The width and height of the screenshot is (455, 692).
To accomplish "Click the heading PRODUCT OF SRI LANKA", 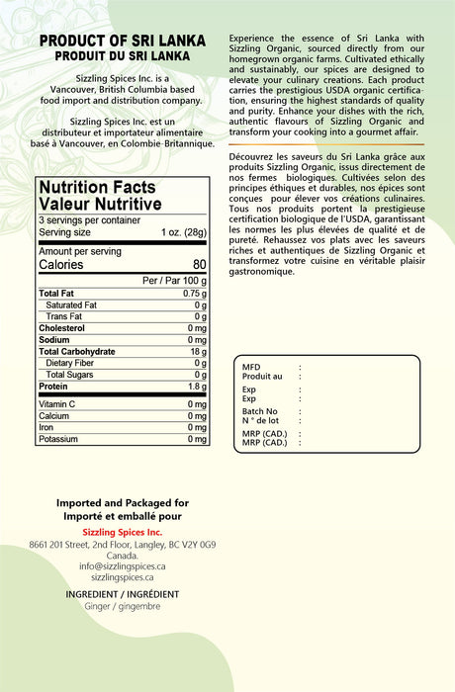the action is [x=122, y=41].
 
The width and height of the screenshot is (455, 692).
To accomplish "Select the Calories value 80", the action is [x=199, y=265].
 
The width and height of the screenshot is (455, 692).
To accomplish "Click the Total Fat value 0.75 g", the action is [x=194, y=294].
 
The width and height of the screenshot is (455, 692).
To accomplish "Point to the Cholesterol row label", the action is [x=61, y=328].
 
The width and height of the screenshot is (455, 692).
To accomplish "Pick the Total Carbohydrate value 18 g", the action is [x=198, y=352].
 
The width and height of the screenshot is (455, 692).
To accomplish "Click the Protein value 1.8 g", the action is [x=196, y=387].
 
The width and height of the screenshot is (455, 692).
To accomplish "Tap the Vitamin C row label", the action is [x=57, y=404].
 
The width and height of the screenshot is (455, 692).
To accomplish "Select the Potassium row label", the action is [x=59, y=439].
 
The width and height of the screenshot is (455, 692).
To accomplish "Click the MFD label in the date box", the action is [x=251, y=367].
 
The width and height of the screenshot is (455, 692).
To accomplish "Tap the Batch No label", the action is [x=259, y=411].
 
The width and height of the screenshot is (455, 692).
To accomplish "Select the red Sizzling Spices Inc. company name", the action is [x=122, y=532].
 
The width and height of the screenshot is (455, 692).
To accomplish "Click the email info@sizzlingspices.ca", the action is [x=122, y=566].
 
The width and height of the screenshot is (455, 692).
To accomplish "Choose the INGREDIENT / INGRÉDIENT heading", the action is [x=122, y=594].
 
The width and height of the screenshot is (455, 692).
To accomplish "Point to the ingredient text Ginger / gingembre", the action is [x=122, y=606].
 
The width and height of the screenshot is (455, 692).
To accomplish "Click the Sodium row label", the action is [x=53, y=340].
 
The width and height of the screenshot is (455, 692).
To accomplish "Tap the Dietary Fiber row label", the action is [x=69, y=363].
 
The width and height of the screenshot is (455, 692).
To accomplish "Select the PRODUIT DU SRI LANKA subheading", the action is [x=122, y=56].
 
